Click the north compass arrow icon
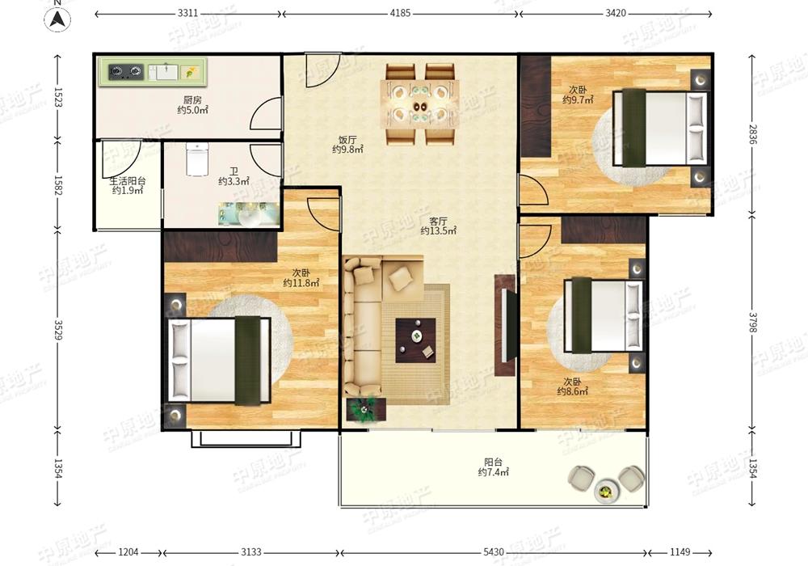tap(57, 19)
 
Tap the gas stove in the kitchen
tap(126, 72)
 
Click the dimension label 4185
tap(400, 14)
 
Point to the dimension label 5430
tap(494, 552)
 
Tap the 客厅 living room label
tap(439, 221)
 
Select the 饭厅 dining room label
tap(347, 140)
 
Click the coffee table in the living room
tap(416, 340)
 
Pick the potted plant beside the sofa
tap(366, 408)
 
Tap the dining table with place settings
tap(419, 104)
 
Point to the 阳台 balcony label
tap(494, 462)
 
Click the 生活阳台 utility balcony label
tap(128, 181)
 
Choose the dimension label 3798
tap(752, 323)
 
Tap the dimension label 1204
tap(128, 552)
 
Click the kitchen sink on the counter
tap(163, 72)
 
